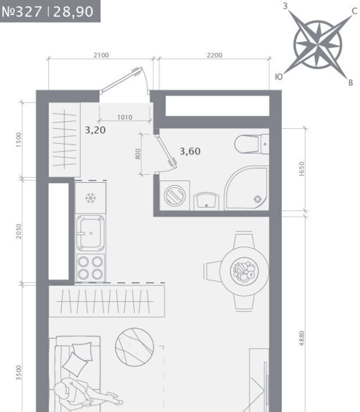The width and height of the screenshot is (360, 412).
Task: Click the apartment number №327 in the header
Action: [22, 12]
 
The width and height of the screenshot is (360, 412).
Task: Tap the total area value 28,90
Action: [73, 12]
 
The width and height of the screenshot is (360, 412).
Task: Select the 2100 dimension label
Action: [101, 55]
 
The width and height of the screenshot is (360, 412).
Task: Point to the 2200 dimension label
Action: [214, 55]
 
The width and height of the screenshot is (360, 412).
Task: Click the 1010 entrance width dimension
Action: [125, 117]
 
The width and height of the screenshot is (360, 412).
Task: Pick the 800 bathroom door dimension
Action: [138, 154]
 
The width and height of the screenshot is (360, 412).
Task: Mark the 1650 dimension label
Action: [301, 169]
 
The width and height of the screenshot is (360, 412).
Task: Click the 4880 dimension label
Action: [301, 338]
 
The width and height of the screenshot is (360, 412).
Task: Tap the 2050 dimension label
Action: [19, 231]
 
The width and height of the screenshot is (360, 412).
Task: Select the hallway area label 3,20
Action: [95, 130]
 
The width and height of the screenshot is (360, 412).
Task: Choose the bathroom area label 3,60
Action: [190, 151]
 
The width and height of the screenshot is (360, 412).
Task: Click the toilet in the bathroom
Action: [251, 144]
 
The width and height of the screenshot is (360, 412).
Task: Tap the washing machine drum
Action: [175, 196]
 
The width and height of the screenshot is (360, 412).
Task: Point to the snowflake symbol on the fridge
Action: [91, 198]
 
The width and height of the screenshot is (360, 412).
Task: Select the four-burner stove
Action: [90, 268]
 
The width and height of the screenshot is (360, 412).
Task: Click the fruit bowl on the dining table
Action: [244, 272]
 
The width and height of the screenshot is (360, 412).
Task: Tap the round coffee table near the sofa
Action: [134, 347]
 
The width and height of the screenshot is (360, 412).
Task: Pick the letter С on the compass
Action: [354, 11]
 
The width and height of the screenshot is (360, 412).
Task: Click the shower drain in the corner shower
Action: [258, 199]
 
